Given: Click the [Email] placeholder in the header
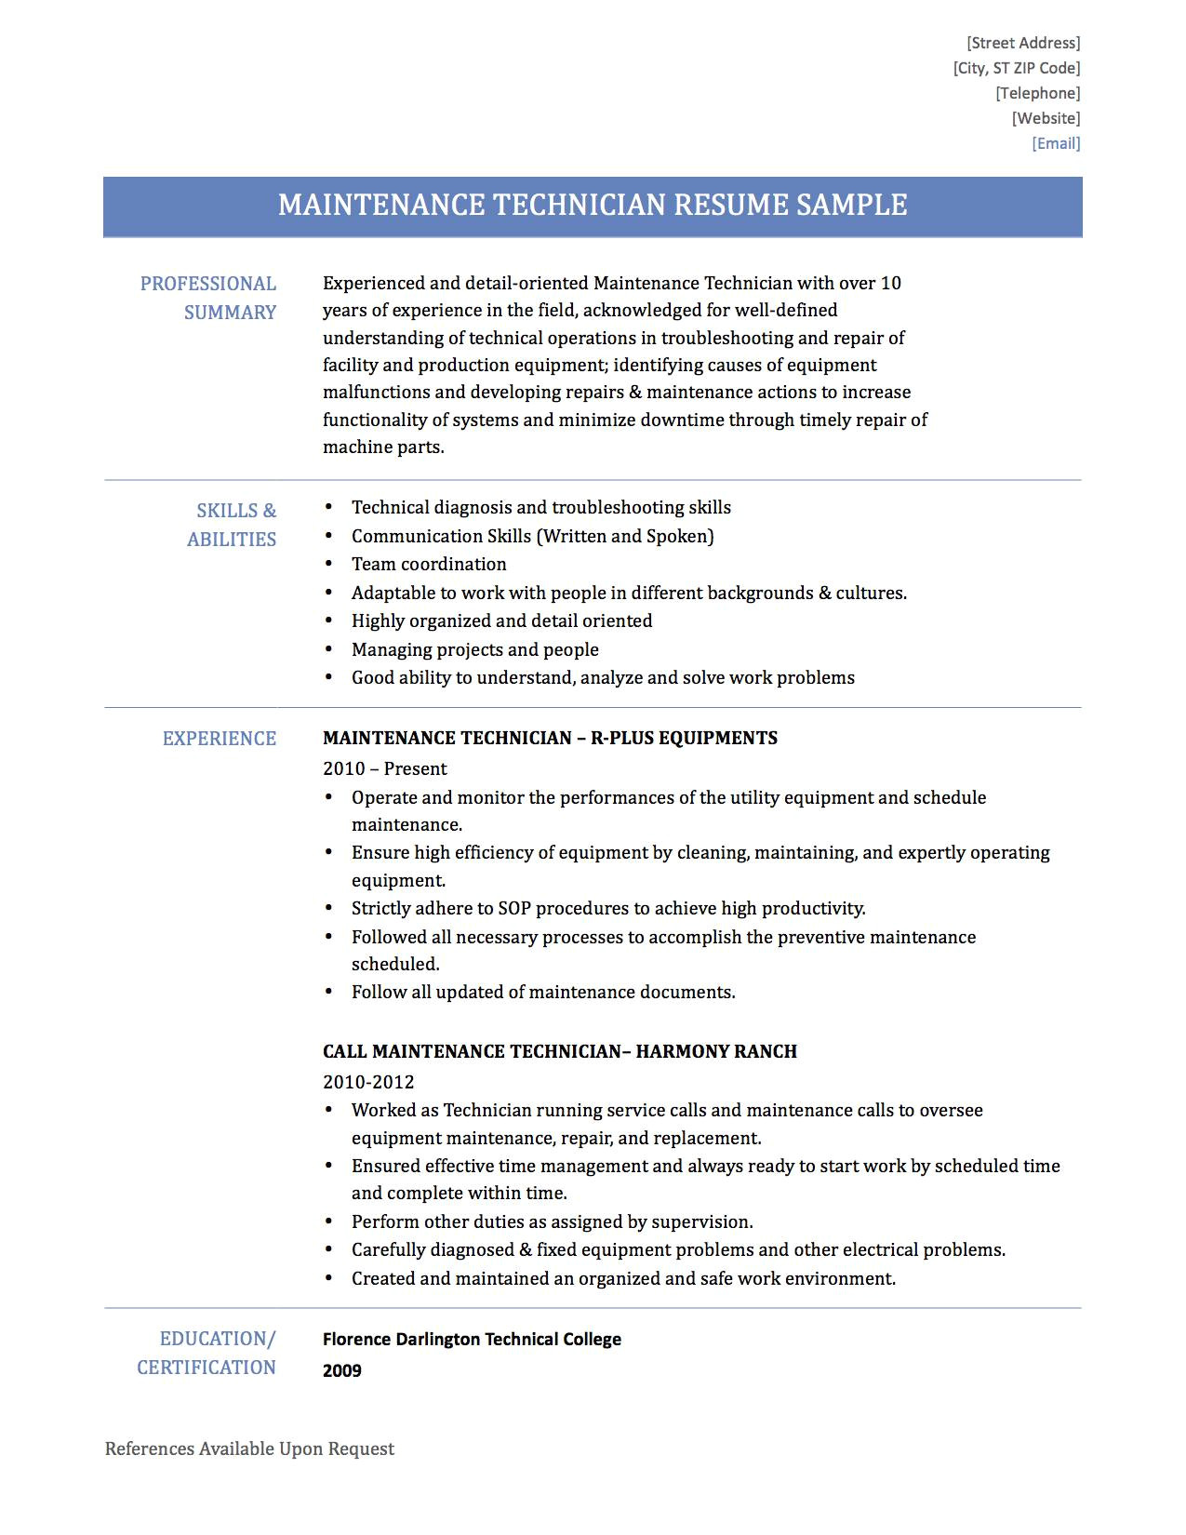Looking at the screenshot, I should tap(1056, 143).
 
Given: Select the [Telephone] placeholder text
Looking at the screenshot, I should tap(1037, 93).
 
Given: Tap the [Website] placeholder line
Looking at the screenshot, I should tap(1046, 118).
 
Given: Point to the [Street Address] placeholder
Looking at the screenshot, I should tap(1023, 43).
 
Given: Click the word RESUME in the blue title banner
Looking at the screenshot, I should tap(730, 205).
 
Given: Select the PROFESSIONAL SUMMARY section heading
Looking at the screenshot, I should tap(208, 298).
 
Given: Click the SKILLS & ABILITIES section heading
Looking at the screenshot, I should tap(233, 525).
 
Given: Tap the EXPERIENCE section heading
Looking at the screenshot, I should tap(220, 739).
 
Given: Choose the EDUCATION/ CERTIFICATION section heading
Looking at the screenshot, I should tap(207, 1353).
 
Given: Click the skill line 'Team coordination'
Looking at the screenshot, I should tap(429, 564).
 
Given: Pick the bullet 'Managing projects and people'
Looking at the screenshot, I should tap(474, 649).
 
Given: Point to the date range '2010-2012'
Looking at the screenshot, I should tap(368, 1082).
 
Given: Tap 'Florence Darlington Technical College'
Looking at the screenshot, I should tap(472, 1340).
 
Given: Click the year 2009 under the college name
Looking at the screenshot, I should tap(342, 1370).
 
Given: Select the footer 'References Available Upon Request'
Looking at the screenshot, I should tap(249, 1448).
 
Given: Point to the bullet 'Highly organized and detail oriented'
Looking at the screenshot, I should tap(501, 621).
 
